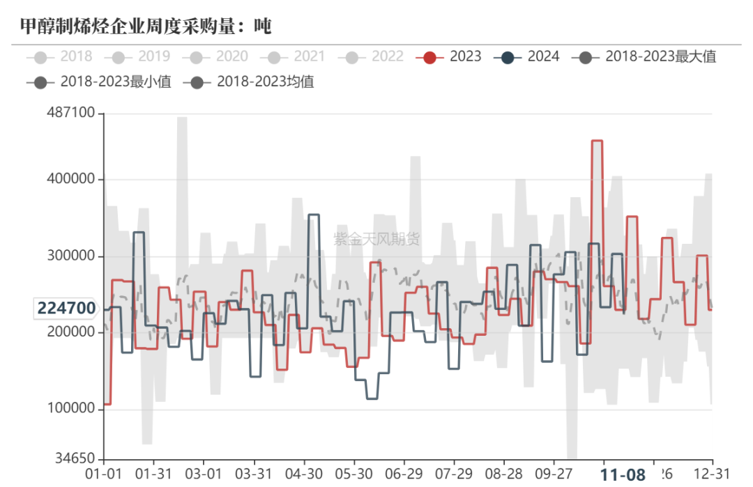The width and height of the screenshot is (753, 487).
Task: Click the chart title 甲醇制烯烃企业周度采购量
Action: pos(145,26)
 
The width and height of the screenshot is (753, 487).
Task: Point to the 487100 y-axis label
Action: pos(71,114)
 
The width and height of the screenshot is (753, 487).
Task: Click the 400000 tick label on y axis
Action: pos(71,179)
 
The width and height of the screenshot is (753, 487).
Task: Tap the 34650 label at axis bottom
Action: pos(75,459)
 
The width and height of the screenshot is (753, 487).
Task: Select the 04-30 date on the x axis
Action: pos(303,474)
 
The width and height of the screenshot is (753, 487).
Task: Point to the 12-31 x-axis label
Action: pos(712,474)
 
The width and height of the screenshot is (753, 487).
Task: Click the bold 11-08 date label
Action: pos(623,475)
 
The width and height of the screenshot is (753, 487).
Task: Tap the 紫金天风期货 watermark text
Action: pos(376,240)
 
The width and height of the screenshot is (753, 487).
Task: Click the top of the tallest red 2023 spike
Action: pos(597,141)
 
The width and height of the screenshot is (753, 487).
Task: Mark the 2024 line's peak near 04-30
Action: pos(314,215)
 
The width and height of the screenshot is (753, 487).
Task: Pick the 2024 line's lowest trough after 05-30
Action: pos(372,399)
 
